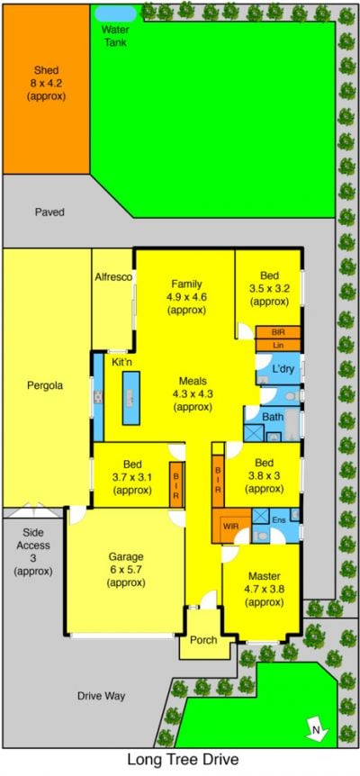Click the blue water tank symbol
[x=114, y=14]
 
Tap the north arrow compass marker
[x=313, y=729]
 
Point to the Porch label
[x=203, y=640]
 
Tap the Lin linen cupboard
[x=277, y=345]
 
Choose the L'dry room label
[x=283, y=369]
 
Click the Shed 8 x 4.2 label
[x=46, y=83]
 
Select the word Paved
[x=49, y=212]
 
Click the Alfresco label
[x=113, y=277]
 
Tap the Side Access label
[x=33, y=552]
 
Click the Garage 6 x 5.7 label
[x=126, y=570]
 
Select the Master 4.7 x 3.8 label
[x=264, y=589]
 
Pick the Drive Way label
[x=102, y=696]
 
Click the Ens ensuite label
[x=278, y=520]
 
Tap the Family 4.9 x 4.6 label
[x=186, y=297]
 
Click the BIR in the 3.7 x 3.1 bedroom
[x=176, y=484]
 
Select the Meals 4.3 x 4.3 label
[x=193, y=394]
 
